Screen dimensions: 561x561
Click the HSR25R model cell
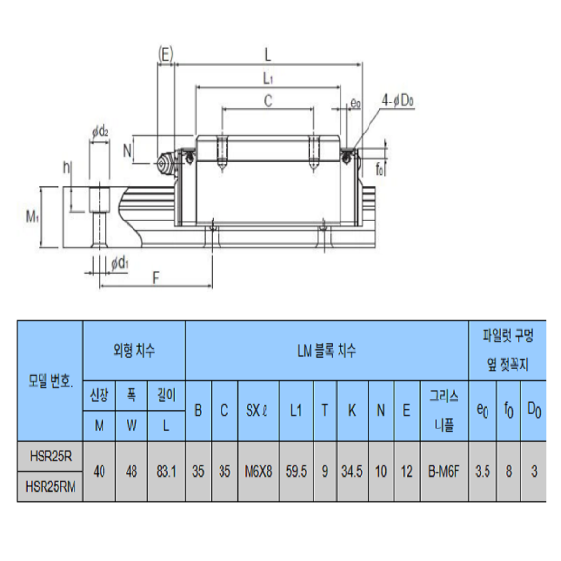pyautogui.click(x=50, y=457)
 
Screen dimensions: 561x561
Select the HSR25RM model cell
pyautogui.click(x=50, y=487)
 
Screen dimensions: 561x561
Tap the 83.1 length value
pyautogui.click(x=166, y=472)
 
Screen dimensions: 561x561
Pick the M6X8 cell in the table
pyautogui.click(x=258, y=472)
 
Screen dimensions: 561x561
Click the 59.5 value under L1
pyautogui.click(x=296, y=472)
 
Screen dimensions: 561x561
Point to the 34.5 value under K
pyautogui.click(x=352, y=472)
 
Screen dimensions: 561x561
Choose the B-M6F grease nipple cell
pyautogui.click(x=444, y=472)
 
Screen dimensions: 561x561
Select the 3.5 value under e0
pyautogui.click(x=483, y=472)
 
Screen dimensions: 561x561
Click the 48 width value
pyautogui.click(x=132, y=472)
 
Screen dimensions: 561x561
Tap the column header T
pyautogui.click(x=325, y=411)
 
